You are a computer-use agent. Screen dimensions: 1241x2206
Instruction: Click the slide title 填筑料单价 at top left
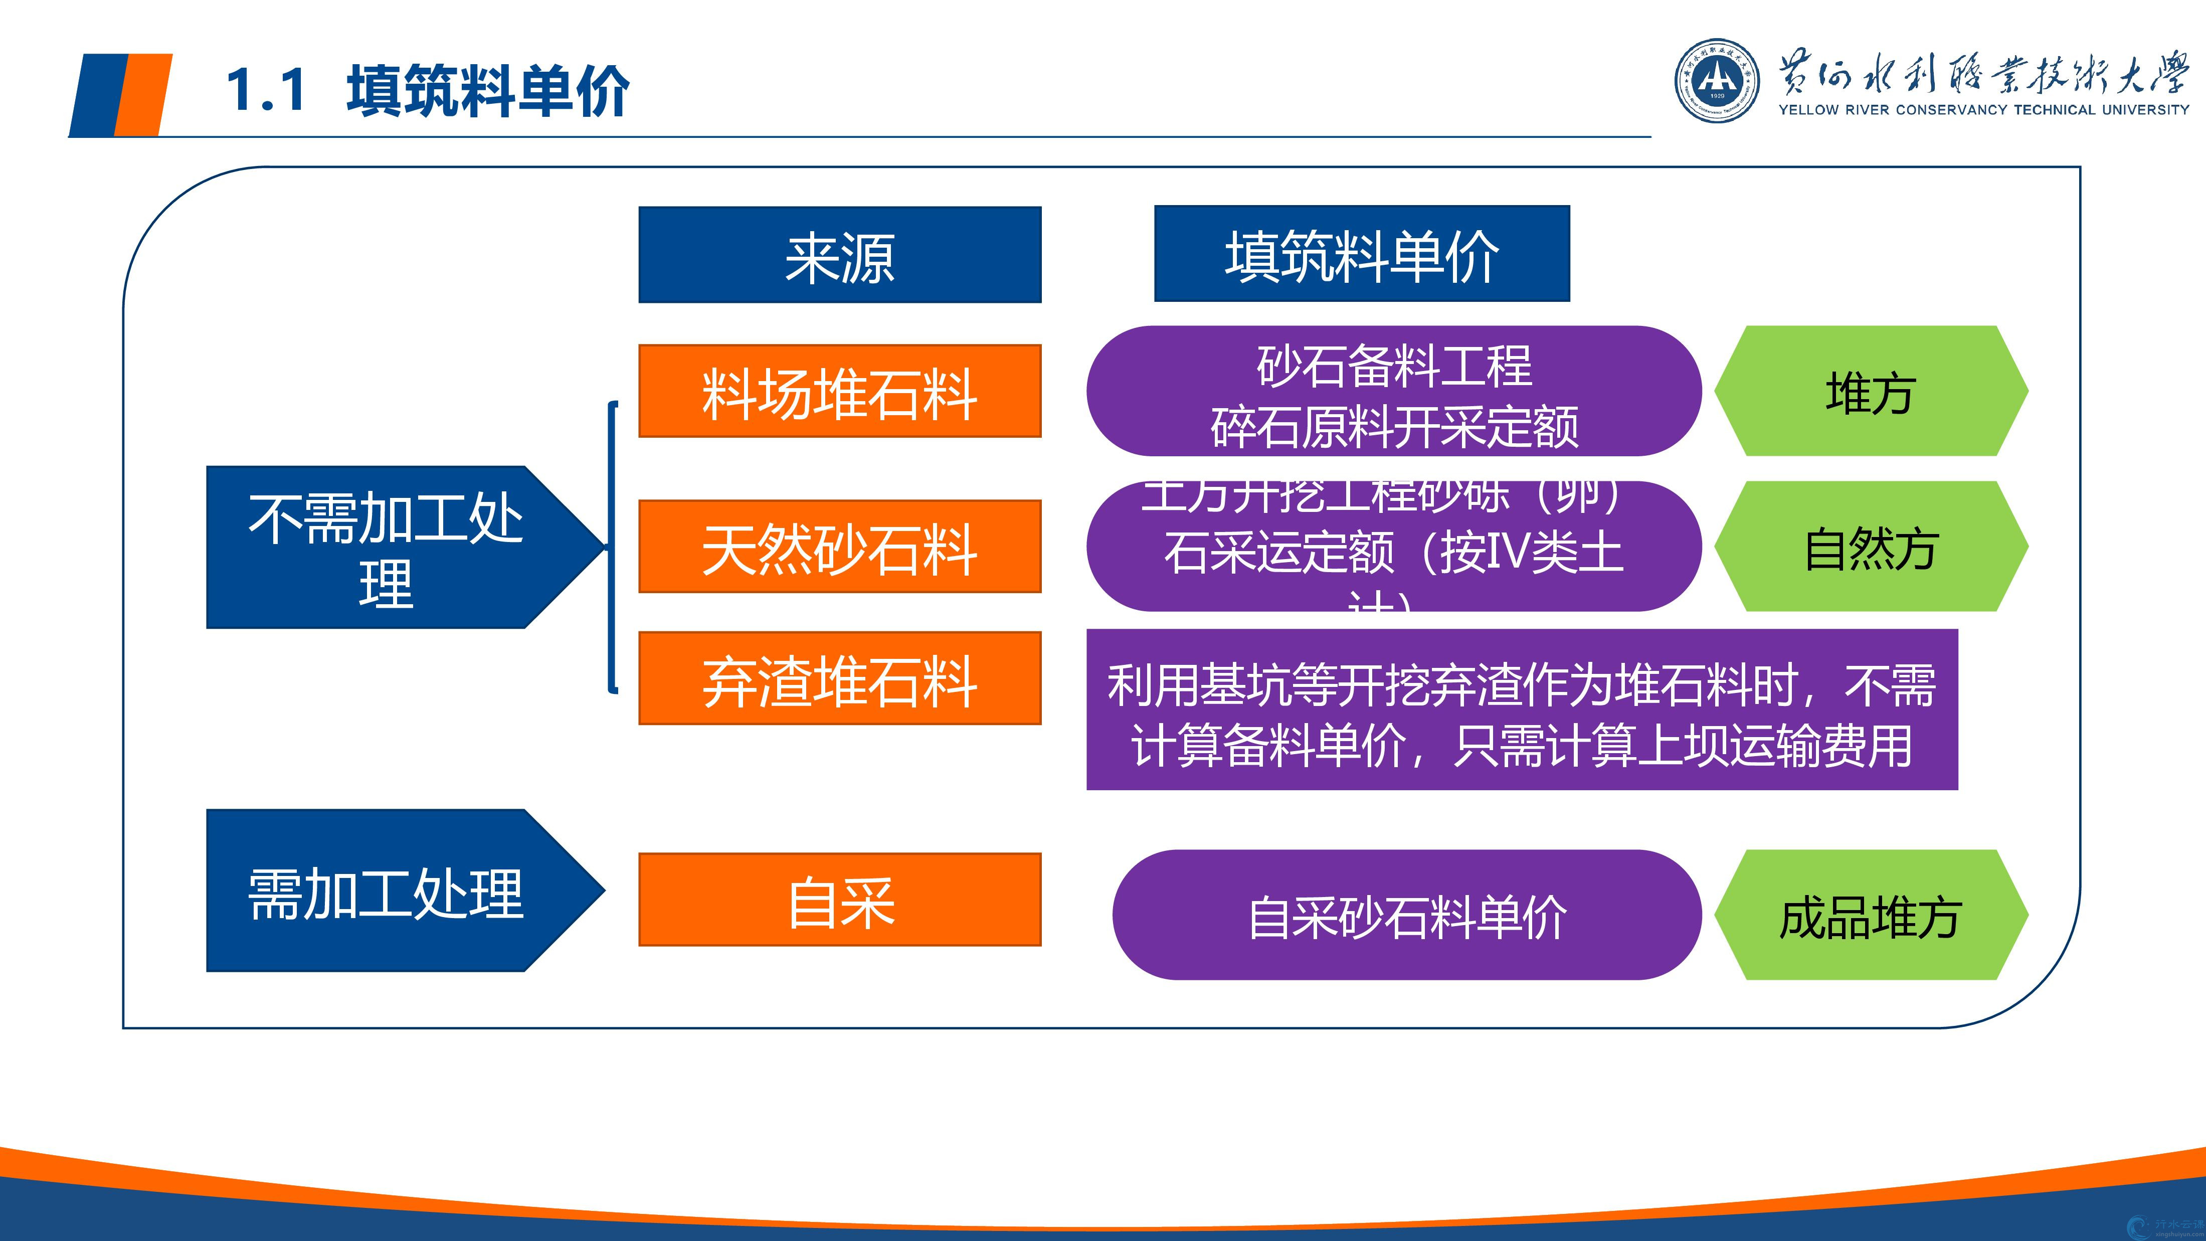(488, 90)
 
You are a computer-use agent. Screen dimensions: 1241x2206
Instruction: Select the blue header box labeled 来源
(839, 254)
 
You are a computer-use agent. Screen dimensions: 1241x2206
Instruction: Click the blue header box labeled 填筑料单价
(1362, 254)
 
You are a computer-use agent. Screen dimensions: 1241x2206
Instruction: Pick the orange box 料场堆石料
(839, 392)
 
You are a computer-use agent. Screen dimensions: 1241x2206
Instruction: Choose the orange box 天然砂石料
(839, 547)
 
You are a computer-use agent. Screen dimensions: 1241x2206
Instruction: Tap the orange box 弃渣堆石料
(839, 678)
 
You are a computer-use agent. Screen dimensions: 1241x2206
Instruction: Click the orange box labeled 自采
(839, 899)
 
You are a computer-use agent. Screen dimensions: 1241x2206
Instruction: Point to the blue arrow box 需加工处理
(386, 891)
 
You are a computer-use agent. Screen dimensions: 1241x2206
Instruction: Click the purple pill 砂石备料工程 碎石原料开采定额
(1393, 392)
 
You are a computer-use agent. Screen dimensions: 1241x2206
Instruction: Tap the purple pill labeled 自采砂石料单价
(1406, 915)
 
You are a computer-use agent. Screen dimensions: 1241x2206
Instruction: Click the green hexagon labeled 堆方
(1870, 392)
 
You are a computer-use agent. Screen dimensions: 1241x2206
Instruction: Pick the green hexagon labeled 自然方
(1870, 547)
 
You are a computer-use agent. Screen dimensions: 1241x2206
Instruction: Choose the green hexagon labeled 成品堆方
(1870, 915)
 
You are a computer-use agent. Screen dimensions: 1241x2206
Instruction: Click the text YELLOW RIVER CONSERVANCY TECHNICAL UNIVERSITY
(1983, 110)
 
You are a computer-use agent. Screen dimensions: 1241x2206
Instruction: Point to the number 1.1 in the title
(266, 90)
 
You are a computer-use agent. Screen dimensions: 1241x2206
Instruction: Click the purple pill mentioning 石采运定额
(1393, 547)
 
